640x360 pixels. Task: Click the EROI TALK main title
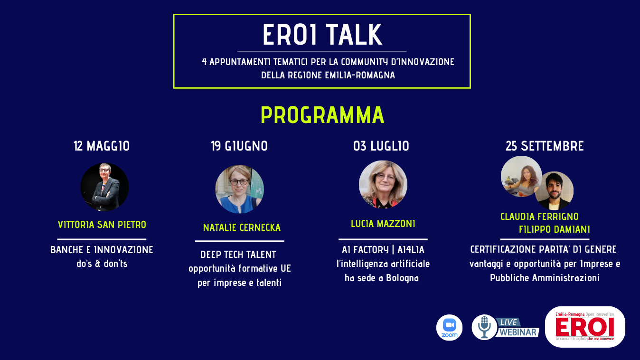pos(322,35)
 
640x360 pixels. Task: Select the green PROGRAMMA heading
pos(322,115)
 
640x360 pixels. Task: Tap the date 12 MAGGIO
pos(102,146)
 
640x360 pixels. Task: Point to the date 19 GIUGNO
pos(239,146)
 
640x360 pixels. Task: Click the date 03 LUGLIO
pos(381,146)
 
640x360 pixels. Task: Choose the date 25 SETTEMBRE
pos(545,146)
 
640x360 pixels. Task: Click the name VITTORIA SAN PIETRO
pos(102,225)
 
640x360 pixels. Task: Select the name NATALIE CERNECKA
pos(242,227)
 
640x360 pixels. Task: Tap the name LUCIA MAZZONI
pos(383,224)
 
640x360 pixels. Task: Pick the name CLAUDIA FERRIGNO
pos(539,217)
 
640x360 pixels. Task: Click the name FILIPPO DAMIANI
pos(554,229)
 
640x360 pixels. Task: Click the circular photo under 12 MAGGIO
pos(104,187)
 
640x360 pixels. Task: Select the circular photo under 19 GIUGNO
pos(239,189)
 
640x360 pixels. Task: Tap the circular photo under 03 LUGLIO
pos(383,184)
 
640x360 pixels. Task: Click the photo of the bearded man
pos(554,190)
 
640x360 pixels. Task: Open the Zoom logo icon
pos(450,328)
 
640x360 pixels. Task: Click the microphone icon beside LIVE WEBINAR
pos(485,327)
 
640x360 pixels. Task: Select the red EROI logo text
pos(584,327)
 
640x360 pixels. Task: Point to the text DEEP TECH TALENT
pos(238,255)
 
